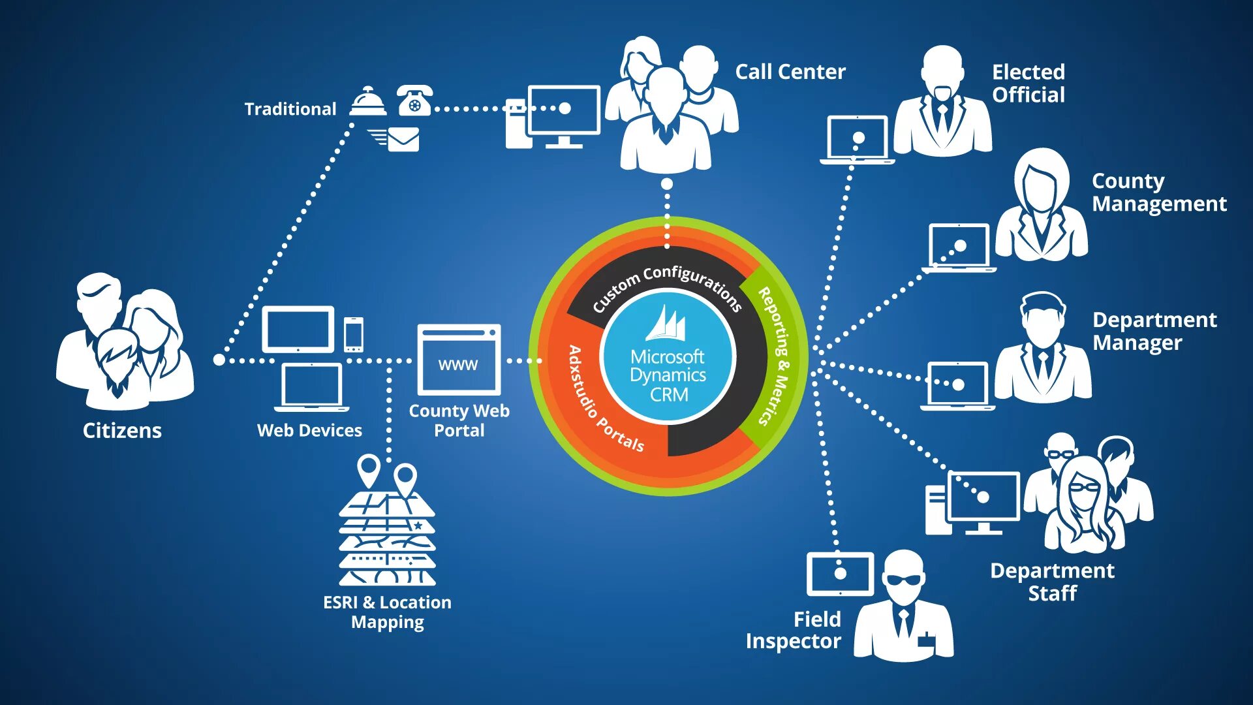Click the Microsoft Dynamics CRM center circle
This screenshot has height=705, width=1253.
click(x=668, y=357)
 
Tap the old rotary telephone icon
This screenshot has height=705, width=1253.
click(x=414, y=101)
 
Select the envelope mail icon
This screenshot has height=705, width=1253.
click(x=402, y=139)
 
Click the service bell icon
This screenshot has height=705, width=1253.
click(x=368, y=102)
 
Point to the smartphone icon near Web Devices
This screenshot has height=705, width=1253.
click(x=353, y=334)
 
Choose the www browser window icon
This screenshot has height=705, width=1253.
click(x=459, y=360)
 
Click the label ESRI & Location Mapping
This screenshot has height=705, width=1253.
click(x=387, y=612)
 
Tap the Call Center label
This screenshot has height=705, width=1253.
click(x=790, y=72)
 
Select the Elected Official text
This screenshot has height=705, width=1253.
click(x=1029, y=83)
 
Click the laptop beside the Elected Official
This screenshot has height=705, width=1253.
click(x=857, y=139)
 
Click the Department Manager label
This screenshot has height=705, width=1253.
click(x=1154, y=331)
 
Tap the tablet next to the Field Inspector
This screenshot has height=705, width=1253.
click(x=840, y=574)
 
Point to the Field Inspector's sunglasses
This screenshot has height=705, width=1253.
click(x=904, y=580)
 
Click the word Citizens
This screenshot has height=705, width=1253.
click(x=122, y=430)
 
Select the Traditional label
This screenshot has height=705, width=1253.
click(x=290, y=109)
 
